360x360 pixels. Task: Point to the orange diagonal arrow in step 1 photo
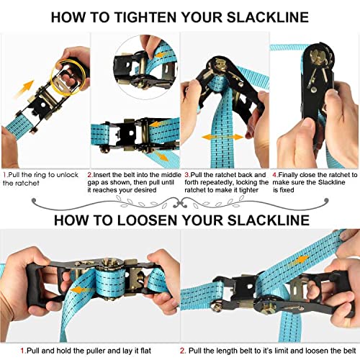[x=24, y=89]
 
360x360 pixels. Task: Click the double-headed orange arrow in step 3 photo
[x=222, y=138]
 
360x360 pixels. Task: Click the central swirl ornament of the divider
[x=180, y=203]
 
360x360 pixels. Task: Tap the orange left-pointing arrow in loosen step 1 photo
[x=81, y=290]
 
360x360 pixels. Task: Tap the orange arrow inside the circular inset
[x=161, y=55]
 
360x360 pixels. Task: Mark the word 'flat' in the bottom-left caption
[x=145, y=351]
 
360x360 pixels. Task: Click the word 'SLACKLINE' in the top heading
[x=267, y=17]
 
